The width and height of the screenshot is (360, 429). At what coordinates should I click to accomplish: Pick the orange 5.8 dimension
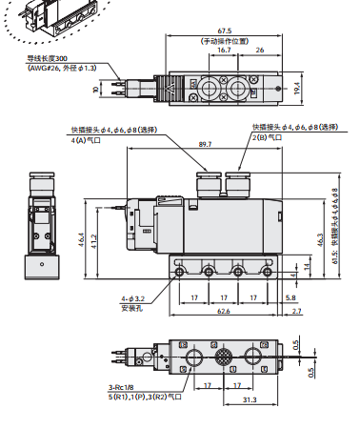pos(290,297)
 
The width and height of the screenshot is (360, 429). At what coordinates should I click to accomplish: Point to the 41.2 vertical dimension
pos(92,244)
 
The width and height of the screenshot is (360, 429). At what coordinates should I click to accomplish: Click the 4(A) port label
pos(90,140)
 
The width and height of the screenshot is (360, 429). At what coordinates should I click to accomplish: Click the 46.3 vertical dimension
pos(321,245)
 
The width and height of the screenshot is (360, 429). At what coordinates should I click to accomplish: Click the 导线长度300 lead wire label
pos(48,58)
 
